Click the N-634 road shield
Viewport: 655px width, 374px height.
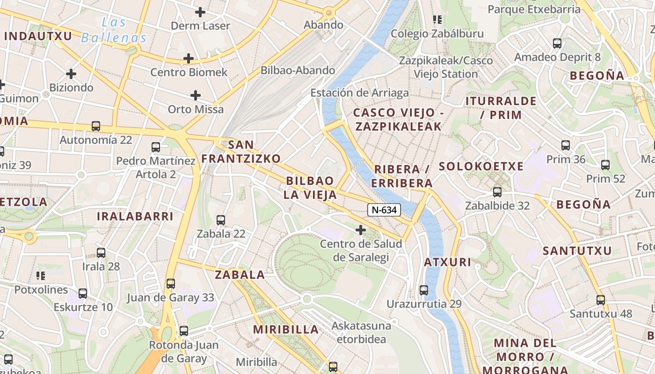(384, 210)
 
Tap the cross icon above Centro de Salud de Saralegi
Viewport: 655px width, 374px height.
(361, 230)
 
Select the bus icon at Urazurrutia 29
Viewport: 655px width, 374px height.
(424, 290)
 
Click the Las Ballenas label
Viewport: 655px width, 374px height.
(114, 30)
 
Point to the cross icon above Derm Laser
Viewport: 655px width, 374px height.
(200, 12)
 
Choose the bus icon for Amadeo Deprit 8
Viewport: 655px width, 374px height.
(557, 43)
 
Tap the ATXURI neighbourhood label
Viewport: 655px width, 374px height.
(448, 262)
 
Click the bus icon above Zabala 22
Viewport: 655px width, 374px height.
(221, 220)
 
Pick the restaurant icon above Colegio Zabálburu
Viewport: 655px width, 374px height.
(437, 20)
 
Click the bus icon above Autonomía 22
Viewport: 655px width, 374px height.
(96, 126)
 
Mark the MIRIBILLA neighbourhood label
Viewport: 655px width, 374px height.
(286, 330)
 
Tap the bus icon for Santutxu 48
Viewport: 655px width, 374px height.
(601, 300)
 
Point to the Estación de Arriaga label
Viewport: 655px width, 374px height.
(359, 93)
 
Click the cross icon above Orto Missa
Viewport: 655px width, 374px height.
(196, 96)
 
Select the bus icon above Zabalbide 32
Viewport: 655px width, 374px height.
(497, 192)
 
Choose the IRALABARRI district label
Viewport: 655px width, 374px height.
(135, 216)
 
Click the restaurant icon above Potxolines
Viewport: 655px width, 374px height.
(41, 276)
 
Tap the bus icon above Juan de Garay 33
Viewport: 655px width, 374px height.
(171, 284)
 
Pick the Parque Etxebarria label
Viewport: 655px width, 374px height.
(534, 9)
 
